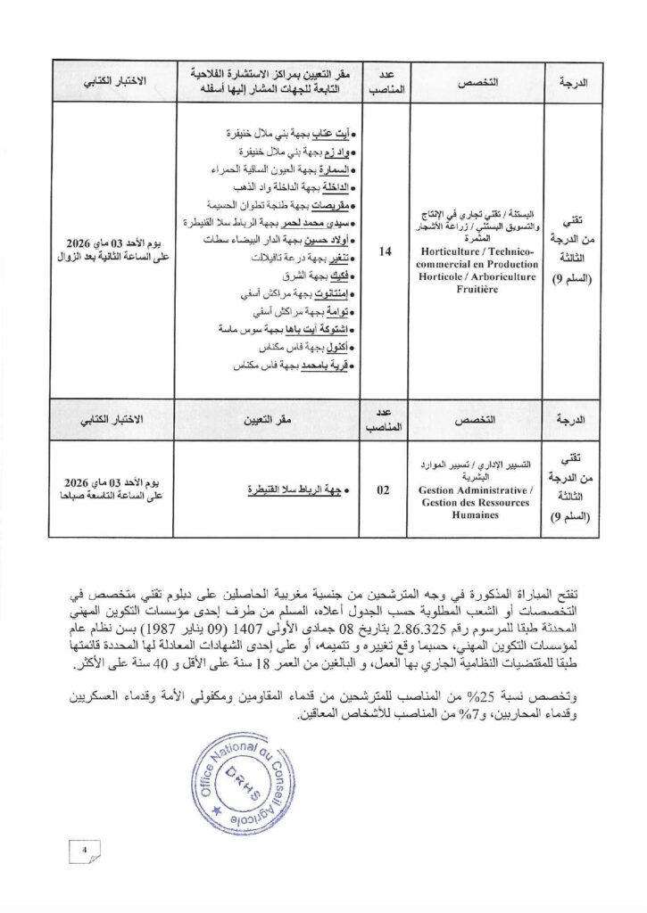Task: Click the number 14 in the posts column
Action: pyautogui.click(x=386, y=252)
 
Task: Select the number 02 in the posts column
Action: pyautogui.click(x=384, y=489)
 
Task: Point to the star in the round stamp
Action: pyautogui.click(x=216, y=810)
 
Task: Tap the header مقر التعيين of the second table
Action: pyautogui.click(x=267, y=415)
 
